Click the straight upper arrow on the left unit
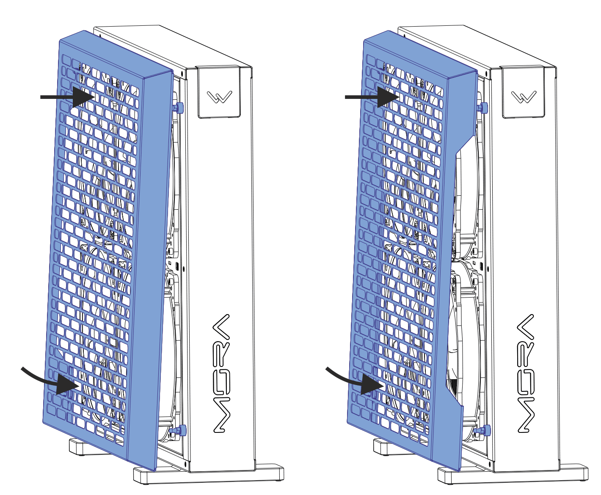click(68, 97)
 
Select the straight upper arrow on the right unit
click(372, 97)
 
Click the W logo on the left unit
click(219, 97)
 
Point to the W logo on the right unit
click(524, 97)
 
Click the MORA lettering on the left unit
click(221, 373)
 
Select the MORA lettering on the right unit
click(526, 373)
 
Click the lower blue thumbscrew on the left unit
click(179, 430)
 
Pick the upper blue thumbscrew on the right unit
click(482, 108)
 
